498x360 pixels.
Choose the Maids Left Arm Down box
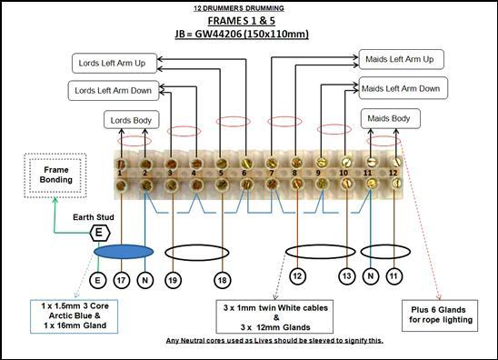point(401,89)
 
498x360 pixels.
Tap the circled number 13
point(345,275)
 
